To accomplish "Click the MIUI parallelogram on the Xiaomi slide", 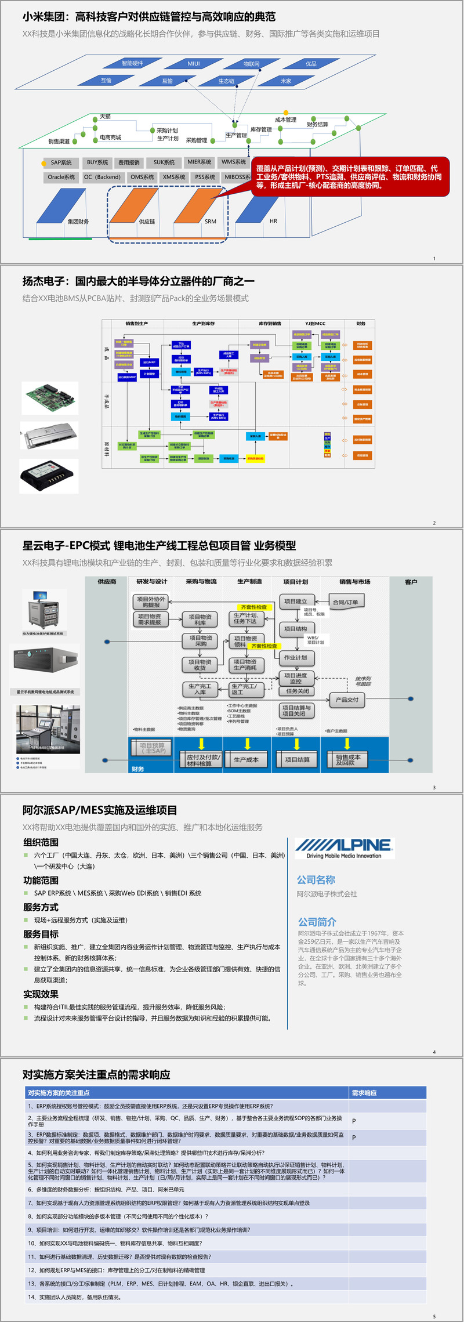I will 194,64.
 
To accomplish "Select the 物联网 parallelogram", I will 252,64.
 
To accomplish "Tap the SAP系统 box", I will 61,163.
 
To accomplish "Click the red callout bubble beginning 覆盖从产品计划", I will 349,177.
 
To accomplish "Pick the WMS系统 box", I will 234,162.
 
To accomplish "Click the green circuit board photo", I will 50,398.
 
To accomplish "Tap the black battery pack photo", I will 49,476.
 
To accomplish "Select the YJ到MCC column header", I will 316,324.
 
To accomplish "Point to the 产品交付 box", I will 347,700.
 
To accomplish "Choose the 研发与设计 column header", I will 152,582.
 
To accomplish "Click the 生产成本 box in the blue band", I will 246,759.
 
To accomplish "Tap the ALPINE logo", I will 344,847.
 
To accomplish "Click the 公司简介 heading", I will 317,922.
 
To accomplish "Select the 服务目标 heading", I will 41,934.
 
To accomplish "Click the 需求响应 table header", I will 364,1093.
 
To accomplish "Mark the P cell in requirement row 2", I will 354,1121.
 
